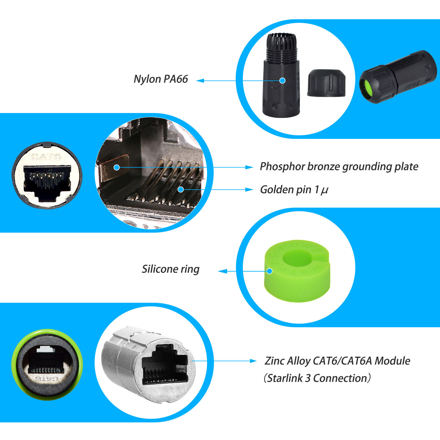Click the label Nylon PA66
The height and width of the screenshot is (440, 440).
pos(161,79)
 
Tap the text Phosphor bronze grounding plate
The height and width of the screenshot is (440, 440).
pos(339,167)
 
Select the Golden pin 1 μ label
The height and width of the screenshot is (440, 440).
pos(294,190)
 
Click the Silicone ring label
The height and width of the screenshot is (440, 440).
pos(170,269)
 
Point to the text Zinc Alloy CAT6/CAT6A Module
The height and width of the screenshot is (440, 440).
pos(337,361)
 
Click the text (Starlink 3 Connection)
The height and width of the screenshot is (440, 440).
pos(317,378)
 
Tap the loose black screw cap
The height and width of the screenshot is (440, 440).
pos(326,83)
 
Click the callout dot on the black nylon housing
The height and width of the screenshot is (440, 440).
pos(282,81)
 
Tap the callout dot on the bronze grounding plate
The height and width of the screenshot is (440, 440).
pos(117,167)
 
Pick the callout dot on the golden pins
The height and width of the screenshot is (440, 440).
pos(181,189)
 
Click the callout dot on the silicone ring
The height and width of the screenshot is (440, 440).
pos(269,271)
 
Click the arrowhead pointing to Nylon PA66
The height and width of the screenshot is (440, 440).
pos(200,81)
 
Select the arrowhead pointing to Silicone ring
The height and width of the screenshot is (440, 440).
pos(222,271)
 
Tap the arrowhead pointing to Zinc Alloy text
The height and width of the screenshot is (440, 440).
pos(253,361)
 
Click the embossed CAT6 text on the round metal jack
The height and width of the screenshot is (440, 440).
pos(46,157)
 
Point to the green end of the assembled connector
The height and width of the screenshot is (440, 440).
pos(367,87)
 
